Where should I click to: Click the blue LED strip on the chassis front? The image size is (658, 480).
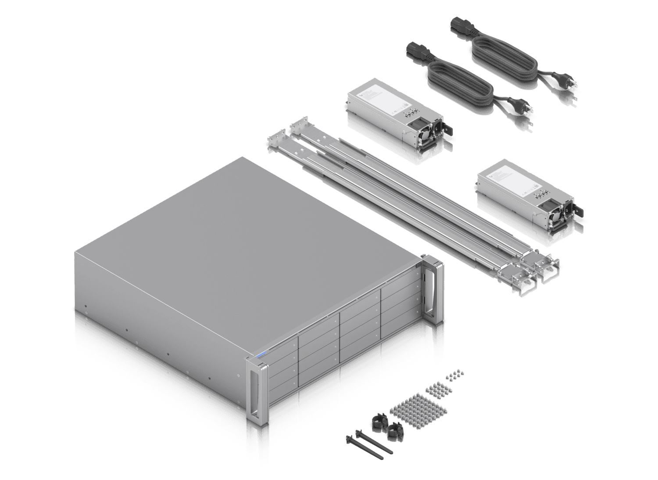(x=261, y=354)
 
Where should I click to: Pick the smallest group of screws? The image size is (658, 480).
(x=455, y=375)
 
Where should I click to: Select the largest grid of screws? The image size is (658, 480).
(x=418, y=411)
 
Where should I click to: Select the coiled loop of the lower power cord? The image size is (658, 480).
(x=459, y=85)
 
